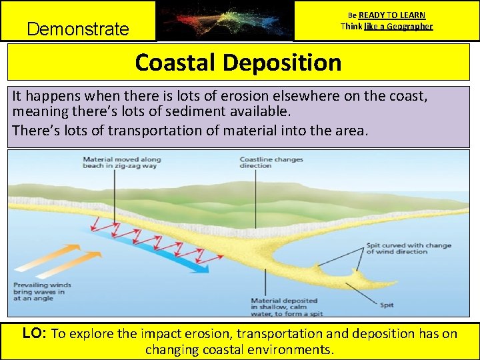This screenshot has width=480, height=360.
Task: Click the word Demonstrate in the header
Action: [77, 29]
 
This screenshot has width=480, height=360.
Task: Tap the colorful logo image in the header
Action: [225, 20]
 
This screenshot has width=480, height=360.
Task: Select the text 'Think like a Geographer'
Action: [387, 27]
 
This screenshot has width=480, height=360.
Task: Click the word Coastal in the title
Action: [175, 63]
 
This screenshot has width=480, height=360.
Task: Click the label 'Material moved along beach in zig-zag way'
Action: [122, 163]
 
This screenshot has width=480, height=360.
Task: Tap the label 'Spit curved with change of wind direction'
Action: [409, 249]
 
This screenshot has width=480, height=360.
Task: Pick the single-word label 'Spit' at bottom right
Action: [387, 305]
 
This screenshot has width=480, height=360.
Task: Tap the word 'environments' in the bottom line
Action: [293, 350]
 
